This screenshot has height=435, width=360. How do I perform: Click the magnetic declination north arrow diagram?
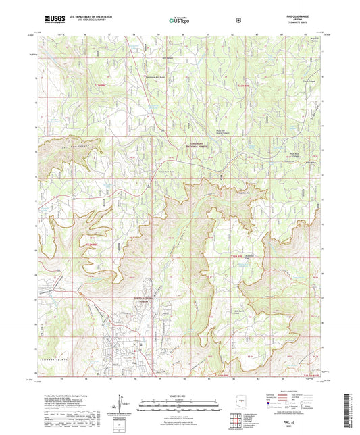[x=122, y=405]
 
